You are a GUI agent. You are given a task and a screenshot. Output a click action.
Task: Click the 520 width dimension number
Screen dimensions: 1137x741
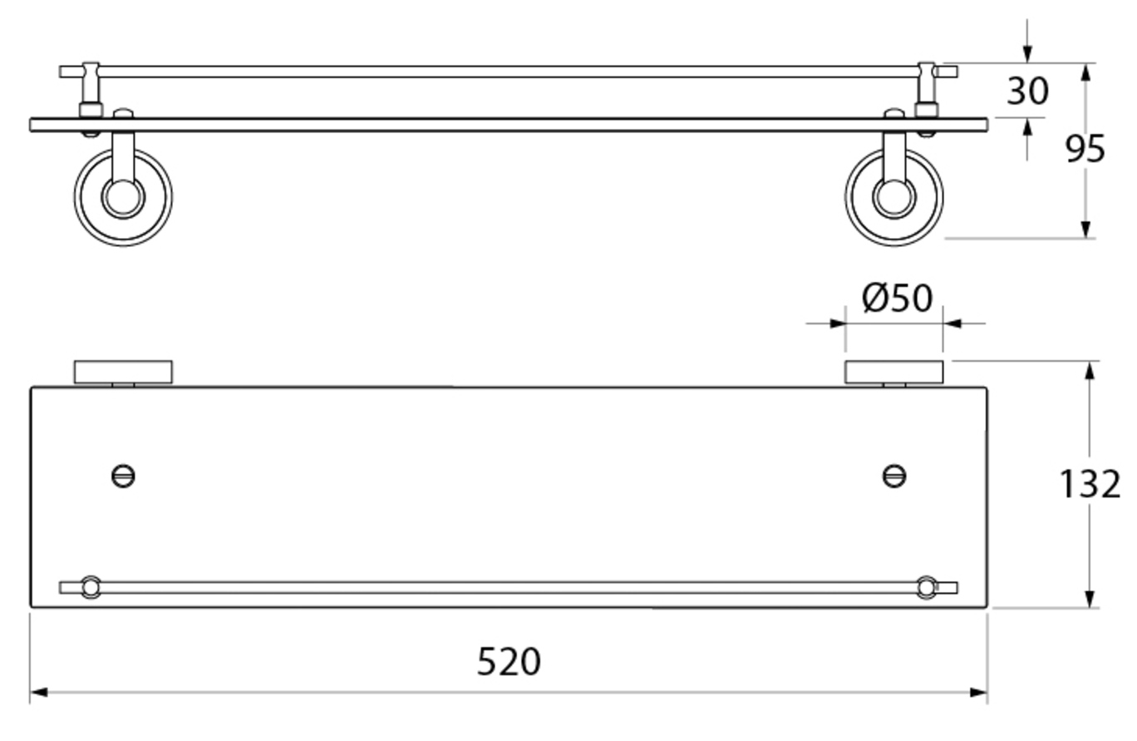509,662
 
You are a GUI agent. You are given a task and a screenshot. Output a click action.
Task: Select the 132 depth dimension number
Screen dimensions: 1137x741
1090,484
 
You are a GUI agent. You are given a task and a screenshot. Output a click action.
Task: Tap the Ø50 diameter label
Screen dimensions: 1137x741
897,298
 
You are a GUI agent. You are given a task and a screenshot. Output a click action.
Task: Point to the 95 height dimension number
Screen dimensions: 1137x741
1085,149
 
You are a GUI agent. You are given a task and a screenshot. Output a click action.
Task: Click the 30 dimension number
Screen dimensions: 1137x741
1027,91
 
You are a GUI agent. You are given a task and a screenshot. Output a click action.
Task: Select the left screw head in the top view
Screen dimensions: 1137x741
123,477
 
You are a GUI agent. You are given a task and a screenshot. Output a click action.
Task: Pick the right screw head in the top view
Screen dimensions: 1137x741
893,477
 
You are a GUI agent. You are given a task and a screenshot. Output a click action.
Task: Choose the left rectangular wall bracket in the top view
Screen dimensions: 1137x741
123,372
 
